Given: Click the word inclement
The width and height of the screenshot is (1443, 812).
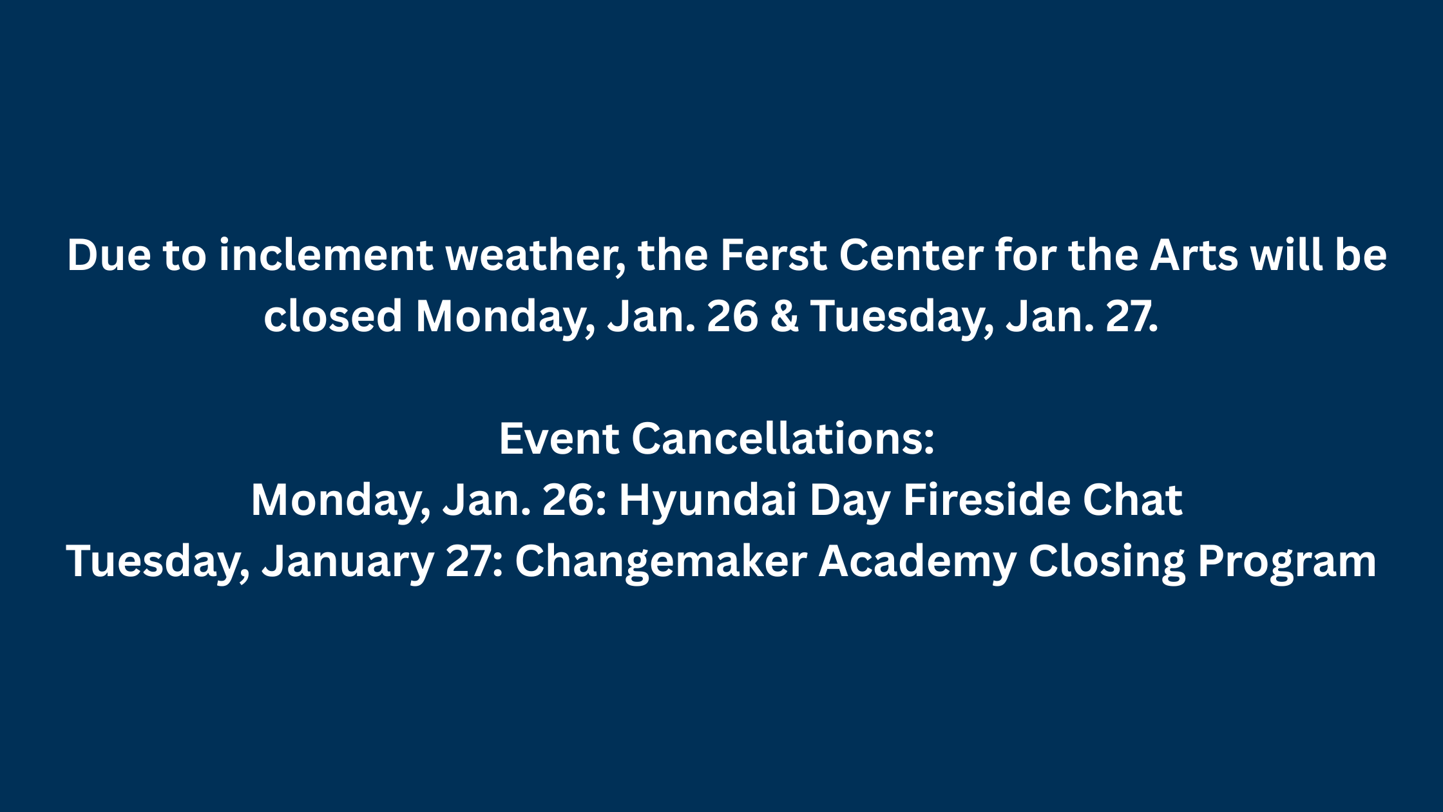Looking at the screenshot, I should (325, 255).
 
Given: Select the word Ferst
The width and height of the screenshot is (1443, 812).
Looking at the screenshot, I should (773, 255).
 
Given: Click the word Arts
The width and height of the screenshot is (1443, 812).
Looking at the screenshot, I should (1194, 255).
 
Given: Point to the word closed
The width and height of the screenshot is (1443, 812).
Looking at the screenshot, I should (333, 316).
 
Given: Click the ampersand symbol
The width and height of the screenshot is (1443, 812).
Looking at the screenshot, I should (784, 316).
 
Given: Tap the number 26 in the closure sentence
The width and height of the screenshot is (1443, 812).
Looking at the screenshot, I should (732, 316).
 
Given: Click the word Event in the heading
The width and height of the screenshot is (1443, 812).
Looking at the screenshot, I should (559, 439).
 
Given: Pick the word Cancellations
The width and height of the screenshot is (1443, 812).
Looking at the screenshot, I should (782, 439).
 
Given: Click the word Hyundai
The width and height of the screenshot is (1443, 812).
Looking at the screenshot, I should (707, 500).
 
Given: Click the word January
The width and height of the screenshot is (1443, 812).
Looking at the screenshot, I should (348, 561).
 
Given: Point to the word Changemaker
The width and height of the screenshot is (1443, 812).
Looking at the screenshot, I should (660, 561).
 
